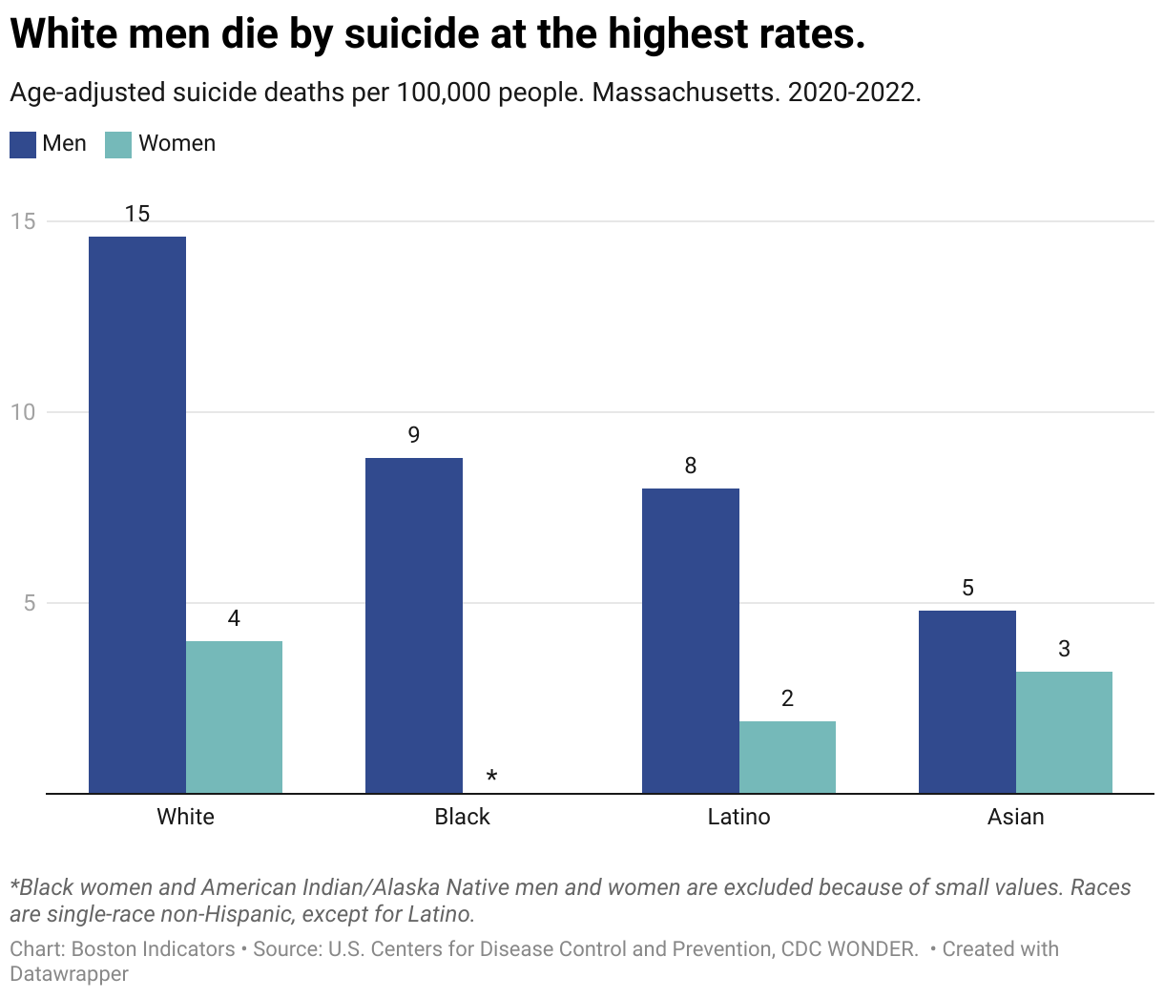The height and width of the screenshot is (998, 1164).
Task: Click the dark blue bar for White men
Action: (137, 515)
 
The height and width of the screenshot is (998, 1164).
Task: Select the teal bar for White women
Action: (234, 717)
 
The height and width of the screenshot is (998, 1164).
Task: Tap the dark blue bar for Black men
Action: (414, 625)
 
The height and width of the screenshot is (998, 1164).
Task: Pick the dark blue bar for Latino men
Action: (691, 640)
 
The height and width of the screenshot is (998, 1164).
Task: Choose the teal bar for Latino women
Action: (787, 757)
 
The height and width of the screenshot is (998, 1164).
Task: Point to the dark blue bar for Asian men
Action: (967, 701)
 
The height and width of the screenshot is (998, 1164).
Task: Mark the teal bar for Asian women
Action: (1064, 732)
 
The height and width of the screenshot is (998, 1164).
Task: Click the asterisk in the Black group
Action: (491, 777)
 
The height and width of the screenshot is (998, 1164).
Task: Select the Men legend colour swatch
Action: (23, 144)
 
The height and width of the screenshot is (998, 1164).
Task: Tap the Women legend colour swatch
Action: (118, 144)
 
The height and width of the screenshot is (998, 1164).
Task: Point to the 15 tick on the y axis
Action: (22, 221)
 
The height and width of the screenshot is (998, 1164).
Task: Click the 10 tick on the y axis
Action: (22, 412)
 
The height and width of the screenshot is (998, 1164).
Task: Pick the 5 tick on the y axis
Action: (28, 603)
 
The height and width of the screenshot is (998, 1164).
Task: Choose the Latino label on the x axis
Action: (738, 817)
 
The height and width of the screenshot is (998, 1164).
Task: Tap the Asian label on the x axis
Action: (1015, 817)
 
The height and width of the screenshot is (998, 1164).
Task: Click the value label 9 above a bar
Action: (414, 435)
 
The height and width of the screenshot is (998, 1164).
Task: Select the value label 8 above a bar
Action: (691, 466)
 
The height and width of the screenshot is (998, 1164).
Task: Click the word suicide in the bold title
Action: (410, 34)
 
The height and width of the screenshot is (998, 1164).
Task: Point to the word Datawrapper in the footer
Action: (69, 974)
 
